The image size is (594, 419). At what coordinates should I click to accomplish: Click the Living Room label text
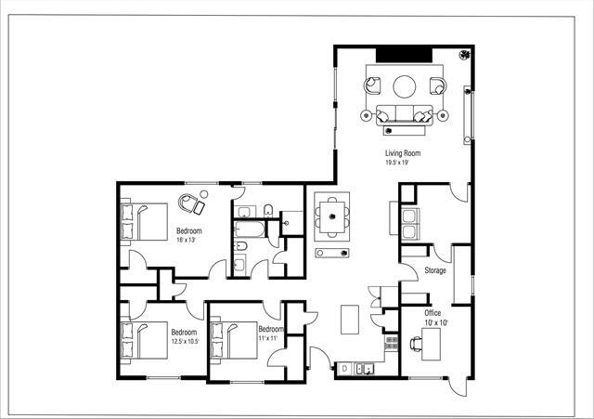click(403, 153)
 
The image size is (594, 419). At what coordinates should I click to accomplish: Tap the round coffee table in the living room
click(405, 86)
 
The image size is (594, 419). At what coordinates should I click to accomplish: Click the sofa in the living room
click(405, 115)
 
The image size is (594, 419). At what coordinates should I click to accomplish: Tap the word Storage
click(435, 271)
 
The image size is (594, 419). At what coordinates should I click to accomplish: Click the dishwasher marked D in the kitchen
click(345, 369)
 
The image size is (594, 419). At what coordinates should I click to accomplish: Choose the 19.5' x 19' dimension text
click(398, 163)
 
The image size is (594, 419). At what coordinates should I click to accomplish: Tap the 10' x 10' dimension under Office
click(436, 322)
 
